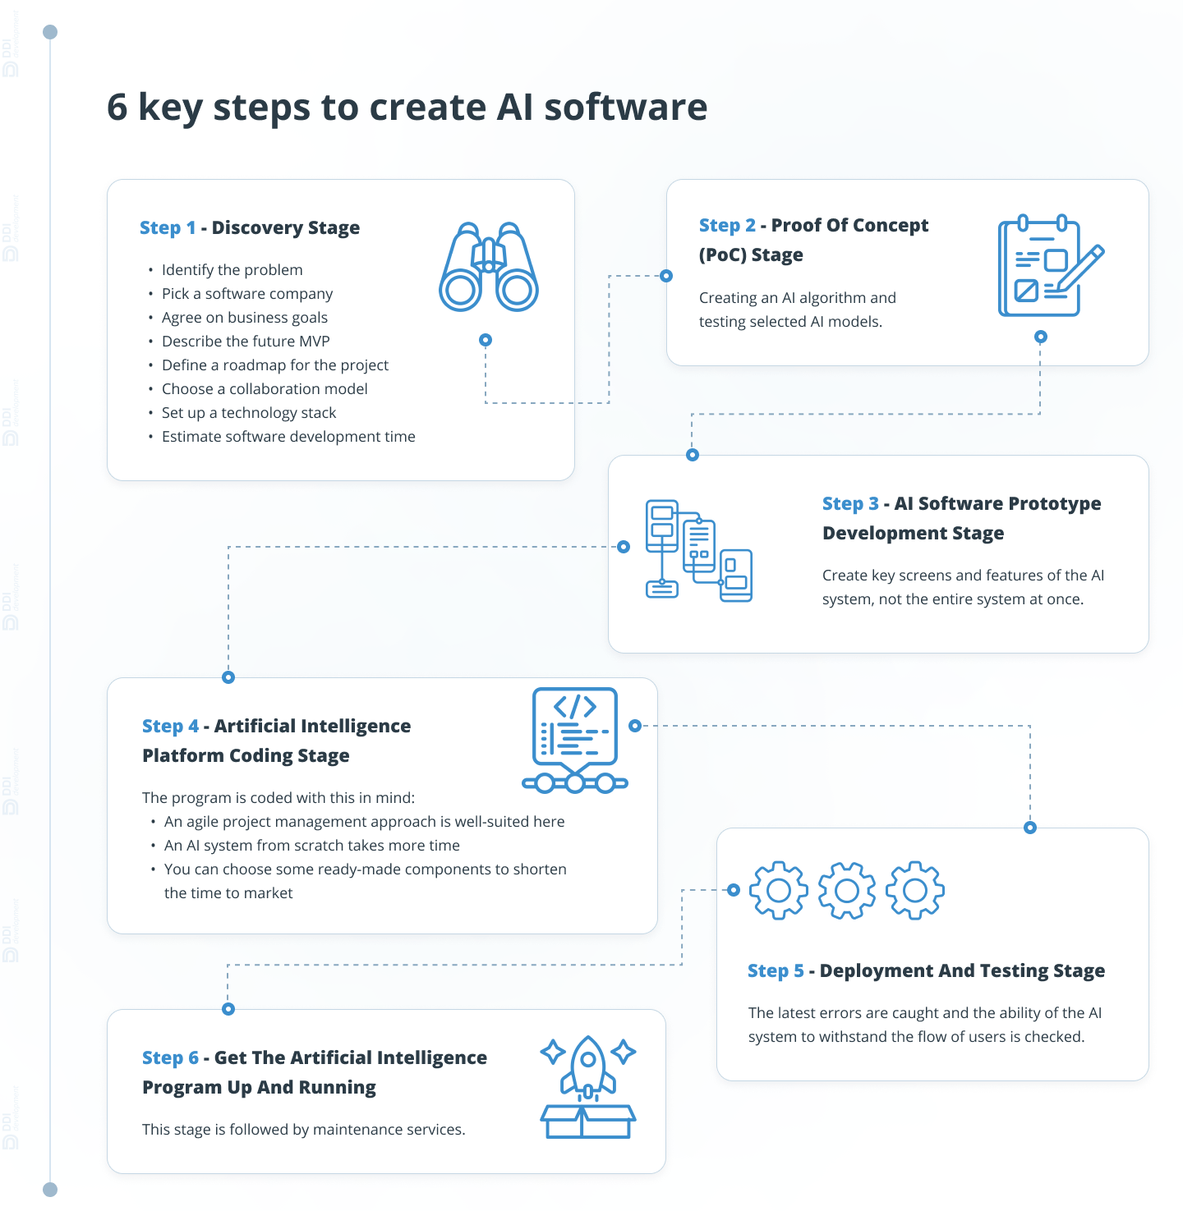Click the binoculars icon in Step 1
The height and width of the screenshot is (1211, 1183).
(x=489, y=267)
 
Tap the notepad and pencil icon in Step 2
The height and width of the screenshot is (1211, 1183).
(x=1050, y=266)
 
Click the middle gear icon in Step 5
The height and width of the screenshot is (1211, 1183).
(x=847, y=890)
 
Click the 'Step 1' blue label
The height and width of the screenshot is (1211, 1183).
(x=168, y=227)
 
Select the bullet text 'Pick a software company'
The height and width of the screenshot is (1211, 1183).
(x=247, y=294)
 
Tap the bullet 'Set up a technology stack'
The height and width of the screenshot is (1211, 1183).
(x=249, y=413)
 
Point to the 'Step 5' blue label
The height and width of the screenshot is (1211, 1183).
(x=776, y=970)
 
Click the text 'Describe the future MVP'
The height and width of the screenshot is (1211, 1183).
(x=246, y=342)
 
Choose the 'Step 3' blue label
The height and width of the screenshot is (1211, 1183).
(x=850, y=503)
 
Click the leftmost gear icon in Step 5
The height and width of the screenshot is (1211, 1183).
(x=779, y=890)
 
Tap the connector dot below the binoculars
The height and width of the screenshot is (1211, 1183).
(x=486, y=340)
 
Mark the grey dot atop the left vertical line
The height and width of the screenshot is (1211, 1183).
(x=50, y=32)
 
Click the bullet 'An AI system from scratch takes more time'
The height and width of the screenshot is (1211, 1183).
(x=312, y=846)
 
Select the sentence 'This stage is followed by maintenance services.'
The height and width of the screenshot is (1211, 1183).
(x=304, y=1130)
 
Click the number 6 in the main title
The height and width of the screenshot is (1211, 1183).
(x=117, y=108)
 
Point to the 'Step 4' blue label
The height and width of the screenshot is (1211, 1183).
(x=170, y=726)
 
